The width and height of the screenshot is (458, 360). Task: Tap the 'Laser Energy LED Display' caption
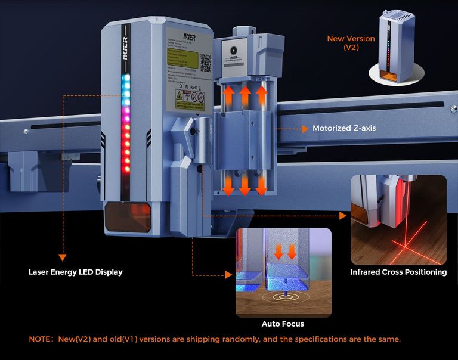tap(76, 272)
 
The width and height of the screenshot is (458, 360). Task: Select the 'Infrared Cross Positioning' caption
tap(398, 272)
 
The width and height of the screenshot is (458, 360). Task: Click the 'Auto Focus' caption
tap(283, 324)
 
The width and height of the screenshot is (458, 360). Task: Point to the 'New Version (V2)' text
tap(351, 43)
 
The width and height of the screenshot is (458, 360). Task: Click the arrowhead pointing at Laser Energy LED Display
tap(62, 258)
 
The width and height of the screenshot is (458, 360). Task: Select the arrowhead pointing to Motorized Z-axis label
tap(306, 128)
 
